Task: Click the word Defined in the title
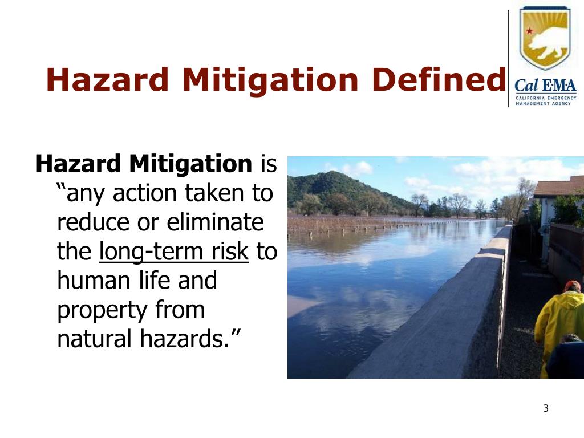(439, 79)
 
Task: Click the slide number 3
(545, 408)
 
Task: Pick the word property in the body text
(102, 311)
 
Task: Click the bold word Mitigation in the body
(190, 164)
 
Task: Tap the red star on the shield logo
(530, 30)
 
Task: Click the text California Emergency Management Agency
(546, 101)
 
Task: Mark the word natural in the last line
(94, 340)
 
